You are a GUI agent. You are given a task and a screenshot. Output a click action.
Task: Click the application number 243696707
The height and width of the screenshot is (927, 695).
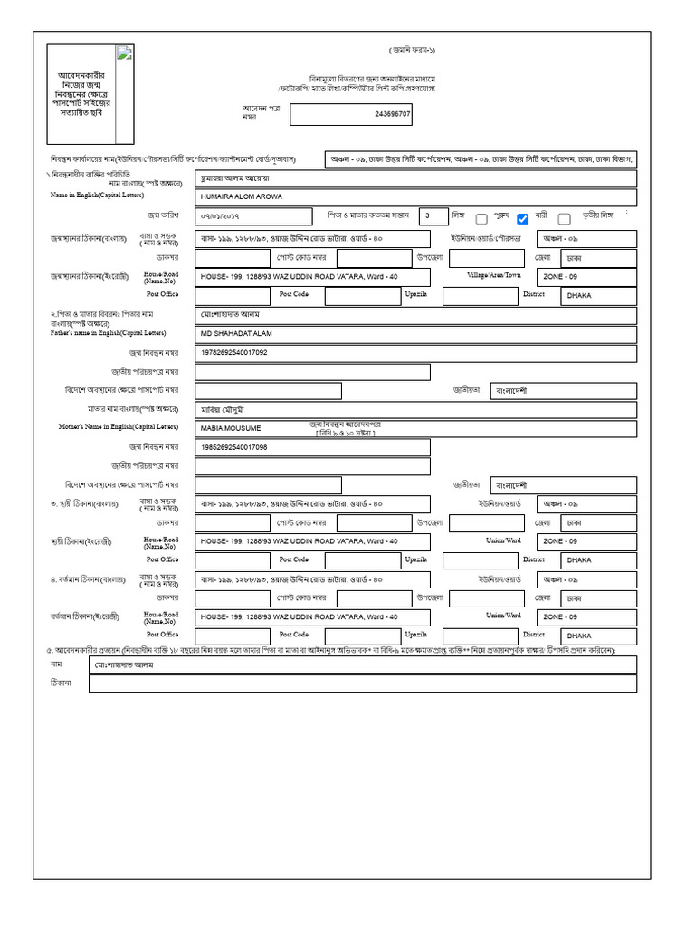393,115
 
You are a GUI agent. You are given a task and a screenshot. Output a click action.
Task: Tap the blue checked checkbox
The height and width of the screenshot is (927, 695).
522,218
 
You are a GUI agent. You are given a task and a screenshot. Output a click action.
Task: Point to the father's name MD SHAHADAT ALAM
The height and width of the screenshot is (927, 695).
236,333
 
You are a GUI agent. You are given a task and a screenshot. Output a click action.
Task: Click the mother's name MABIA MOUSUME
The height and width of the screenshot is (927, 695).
231,427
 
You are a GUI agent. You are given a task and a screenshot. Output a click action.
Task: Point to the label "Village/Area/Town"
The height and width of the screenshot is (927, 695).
494,274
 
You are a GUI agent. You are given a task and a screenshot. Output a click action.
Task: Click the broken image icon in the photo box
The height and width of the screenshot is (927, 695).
124,54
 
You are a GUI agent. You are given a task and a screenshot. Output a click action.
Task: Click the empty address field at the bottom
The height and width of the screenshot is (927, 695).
362,683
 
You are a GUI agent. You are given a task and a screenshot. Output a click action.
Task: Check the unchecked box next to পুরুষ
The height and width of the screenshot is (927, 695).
481,218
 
